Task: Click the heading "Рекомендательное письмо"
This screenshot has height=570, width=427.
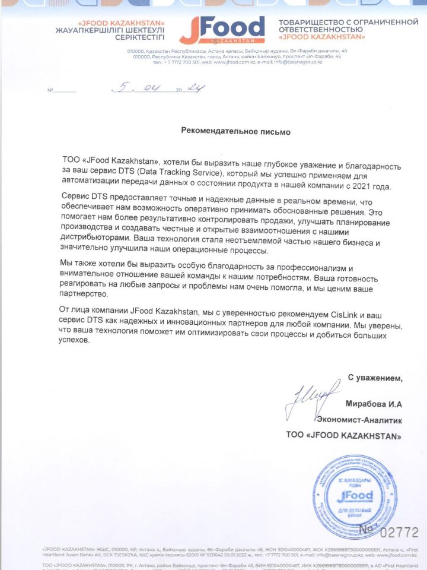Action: pyautogui.click(x=236, y=130)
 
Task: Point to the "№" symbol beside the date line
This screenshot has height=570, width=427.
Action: pyautogui.click(x=50, y=91)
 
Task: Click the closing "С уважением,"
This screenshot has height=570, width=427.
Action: pyautogui.click(x=375, y=378)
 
